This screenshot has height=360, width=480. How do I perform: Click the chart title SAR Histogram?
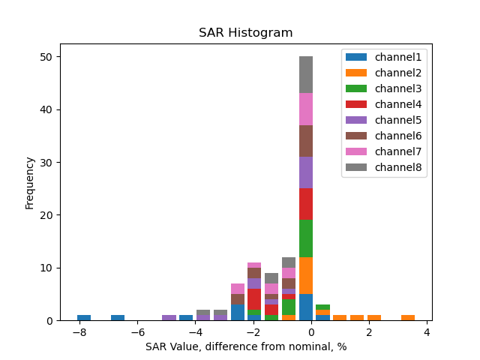click(x=245, y=33)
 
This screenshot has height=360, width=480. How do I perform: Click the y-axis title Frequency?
click(x=30, y=182)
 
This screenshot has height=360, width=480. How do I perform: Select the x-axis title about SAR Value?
click(x=245, y=347)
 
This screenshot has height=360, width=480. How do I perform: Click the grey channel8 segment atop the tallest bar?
click(x=306, y=75)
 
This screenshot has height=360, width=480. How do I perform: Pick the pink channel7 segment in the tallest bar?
click(x=306, y=109)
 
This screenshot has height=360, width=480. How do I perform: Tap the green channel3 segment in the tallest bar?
click(x=306, y=238)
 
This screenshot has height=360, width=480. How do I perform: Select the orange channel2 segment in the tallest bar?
click(x=306, y=275)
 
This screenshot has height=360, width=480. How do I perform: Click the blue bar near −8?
click(x=84, y=318)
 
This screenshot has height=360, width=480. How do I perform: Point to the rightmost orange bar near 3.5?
click(x=408, y=318)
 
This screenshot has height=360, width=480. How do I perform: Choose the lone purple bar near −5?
click(x=169, y=318)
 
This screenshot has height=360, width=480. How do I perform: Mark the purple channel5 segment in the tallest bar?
click(x=306, y=172)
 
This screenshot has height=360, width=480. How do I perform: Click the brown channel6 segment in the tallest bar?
click(x=306, y=141)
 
